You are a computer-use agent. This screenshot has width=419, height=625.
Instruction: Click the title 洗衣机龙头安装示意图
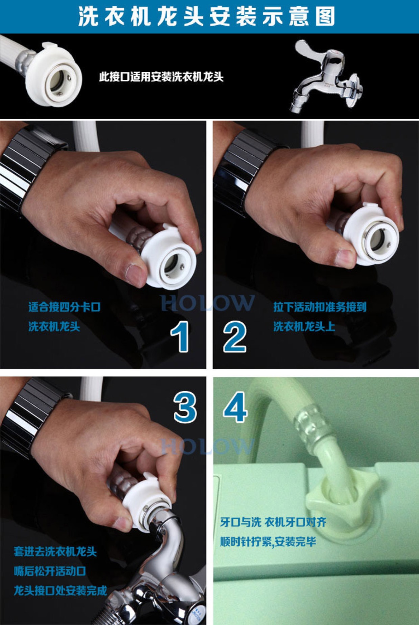coord(207,16)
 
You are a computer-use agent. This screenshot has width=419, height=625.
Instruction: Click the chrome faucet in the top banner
coord(326,78)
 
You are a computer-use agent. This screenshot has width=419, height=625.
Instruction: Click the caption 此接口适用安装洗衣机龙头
coord(161,77)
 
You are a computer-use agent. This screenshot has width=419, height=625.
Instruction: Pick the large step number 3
coord(185,407)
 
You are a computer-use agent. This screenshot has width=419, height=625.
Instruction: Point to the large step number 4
coord(235,407)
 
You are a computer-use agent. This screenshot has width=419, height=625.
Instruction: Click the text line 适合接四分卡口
coord(64,307)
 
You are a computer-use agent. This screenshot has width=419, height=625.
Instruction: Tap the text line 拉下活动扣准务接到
coord(320,307)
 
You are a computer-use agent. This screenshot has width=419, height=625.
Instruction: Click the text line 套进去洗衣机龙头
coord(55,552)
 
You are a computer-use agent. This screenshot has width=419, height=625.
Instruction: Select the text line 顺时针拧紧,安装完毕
coord(268,542)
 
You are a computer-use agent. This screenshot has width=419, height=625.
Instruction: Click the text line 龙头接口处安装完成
coord(60,591)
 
